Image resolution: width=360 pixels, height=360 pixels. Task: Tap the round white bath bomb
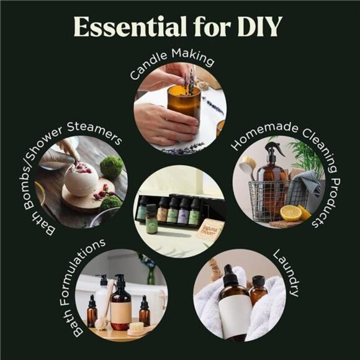(81, 179)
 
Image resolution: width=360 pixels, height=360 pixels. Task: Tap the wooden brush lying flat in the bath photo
(136, 328)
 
